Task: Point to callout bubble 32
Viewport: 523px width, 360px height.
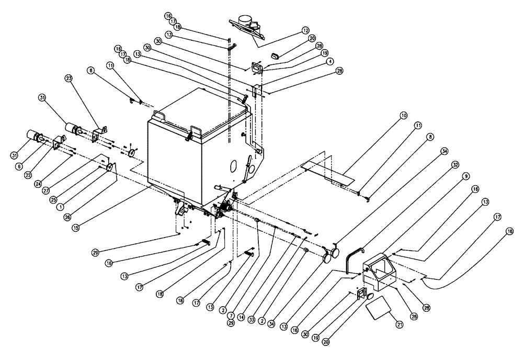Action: (456, 164)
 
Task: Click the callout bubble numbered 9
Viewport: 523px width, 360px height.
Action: (465, 176)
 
